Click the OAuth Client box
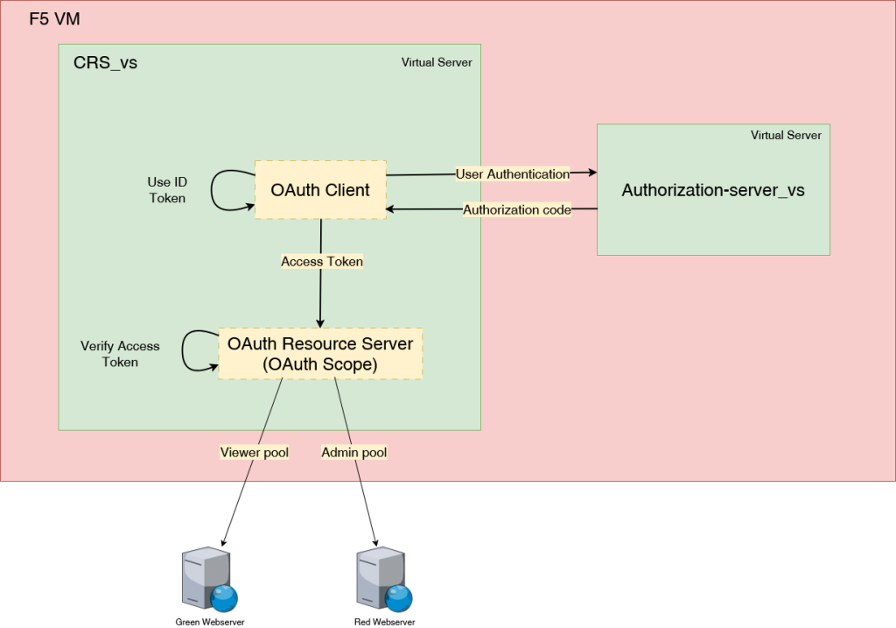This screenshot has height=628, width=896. click(x=320, y=190)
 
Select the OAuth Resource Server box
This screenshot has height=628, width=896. click(x=320, y=354)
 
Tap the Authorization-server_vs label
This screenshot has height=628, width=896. click(x=713, y=190)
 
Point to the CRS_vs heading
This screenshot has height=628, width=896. click(x=105, y=63)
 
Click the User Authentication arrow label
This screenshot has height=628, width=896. click(x=513, y=174)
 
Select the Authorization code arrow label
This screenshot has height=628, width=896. click(x=517, y=210)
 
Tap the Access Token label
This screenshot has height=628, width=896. click(x=322, y=262)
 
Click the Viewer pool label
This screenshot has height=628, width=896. click(x=255, y=453)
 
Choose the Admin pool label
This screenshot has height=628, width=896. click(x=354, y=453)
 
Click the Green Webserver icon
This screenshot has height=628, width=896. click(x=208, y=581)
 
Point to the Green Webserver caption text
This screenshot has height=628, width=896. click(x=210, y=621)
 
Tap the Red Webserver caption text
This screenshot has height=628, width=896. click(x=378, y=621)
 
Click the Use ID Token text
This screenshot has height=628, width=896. click(x=167, y=190)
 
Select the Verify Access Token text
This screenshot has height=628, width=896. click(x=120, y=354)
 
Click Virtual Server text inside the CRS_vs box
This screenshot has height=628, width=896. click(x=437, y=63)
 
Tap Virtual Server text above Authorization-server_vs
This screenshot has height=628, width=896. click(x=786, y=136)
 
